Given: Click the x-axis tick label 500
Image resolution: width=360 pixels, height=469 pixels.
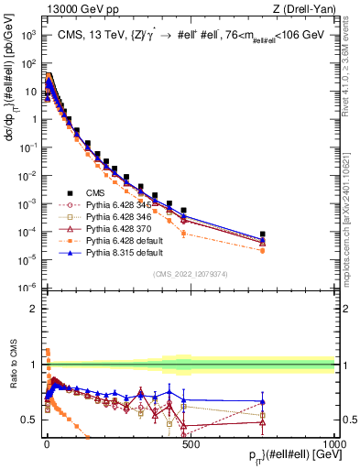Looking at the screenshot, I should tap(191, 443).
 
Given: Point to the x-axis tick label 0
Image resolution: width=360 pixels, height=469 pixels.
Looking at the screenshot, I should tap(47, 443).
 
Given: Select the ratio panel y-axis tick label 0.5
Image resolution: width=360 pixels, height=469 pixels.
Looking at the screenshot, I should tap(30, 420).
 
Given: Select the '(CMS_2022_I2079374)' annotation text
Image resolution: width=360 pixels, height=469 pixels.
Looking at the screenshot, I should tap(190, 274).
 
